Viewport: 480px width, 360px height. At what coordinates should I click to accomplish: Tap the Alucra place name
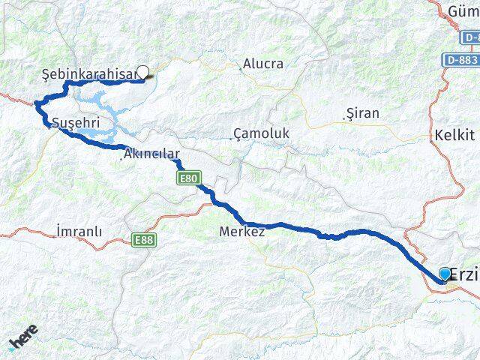(262, 64)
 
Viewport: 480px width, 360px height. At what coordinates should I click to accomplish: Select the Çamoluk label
(262, 133)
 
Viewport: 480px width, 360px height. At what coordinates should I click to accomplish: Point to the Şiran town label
(363, 113)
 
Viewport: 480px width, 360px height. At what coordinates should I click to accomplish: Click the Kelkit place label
(454, 135)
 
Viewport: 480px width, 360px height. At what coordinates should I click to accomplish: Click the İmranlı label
(79, 232)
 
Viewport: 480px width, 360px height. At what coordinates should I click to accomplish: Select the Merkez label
(241, 232)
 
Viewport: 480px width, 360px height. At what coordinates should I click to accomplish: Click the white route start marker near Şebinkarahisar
(143, 73)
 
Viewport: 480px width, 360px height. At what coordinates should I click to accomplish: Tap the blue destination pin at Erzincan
(445, 274)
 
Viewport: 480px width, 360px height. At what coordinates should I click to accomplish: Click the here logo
(23, 340)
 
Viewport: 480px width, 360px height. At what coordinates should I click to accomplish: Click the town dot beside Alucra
(240, 69)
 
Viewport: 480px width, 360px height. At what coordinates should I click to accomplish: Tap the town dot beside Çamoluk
(231, 138)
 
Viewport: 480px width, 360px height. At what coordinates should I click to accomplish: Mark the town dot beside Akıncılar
(121, 157)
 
